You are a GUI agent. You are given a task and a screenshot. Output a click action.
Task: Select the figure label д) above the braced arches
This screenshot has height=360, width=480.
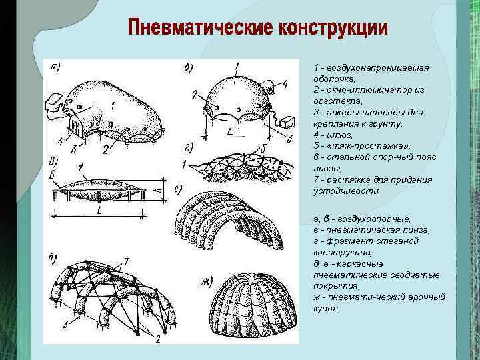[x=54, y=257]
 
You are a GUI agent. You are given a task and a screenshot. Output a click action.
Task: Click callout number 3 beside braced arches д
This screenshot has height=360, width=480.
[x=65, y=324]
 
